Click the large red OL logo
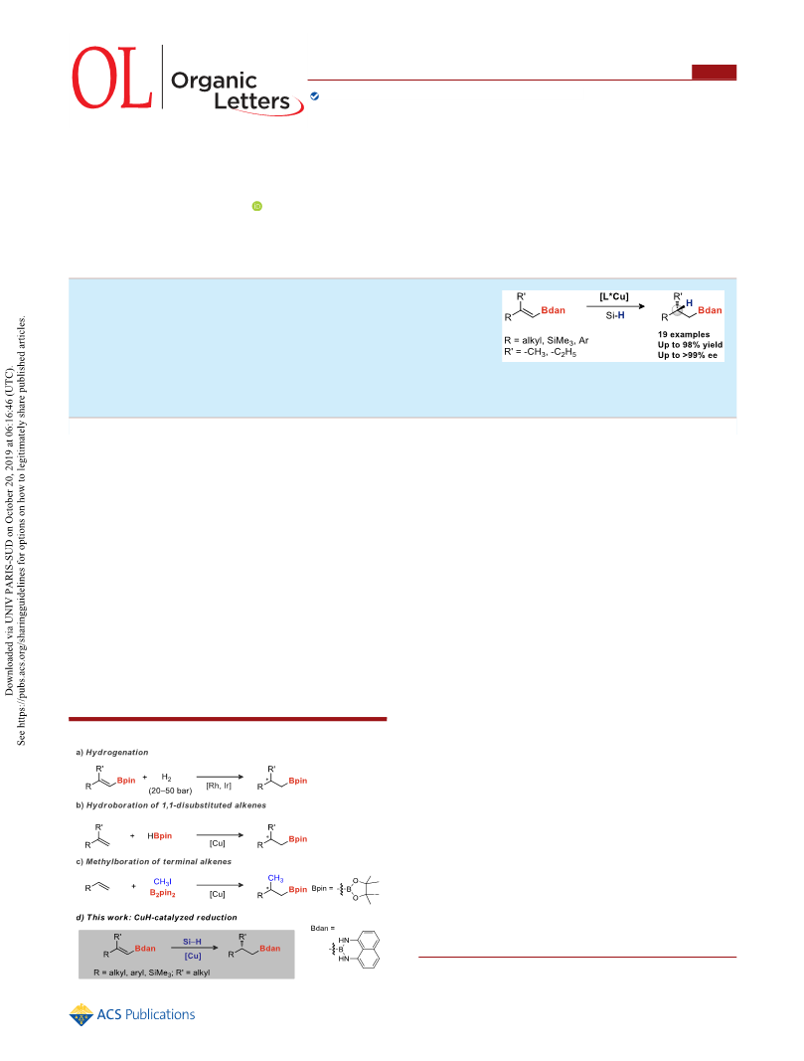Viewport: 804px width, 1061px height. pos(111,78)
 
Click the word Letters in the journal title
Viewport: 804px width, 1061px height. pos(251,101)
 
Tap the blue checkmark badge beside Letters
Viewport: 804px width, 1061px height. pos(314,96)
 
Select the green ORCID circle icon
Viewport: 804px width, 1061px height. pos(257,207)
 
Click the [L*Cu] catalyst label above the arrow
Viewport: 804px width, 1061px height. pos(614,296)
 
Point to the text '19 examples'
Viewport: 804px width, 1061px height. pos(684,334)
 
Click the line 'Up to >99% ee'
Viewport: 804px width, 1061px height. pos(688,355)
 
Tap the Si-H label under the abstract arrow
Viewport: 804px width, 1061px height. pos(615,315)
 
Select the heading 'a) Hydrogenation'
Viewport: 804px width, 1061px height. pos(112,753)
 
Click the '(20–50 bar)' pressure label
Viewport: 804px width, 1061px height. pos(170,791)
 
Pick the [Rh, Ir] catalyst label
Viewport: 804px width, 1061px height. pos(219,786)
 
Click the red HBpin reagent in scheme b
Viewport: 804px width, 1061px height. pos(160,836)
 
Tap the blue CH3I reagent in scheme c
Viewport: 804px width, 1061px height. pos(162,882)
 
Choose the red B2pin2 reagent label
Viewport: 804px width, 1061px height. pos(162,893)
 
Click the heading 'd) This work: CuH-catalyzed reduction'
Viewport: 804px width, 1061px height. pos(156,918)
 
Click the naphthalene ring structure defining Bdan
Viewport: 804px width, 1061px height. pos(367,950)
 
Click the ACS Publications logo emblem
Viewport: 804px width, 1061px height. pos(81,1014)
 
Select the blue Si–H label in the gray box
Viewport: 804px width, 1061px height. pos(192,942)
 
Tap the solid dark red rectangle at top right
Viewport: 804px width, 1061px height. pos(715,72)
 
